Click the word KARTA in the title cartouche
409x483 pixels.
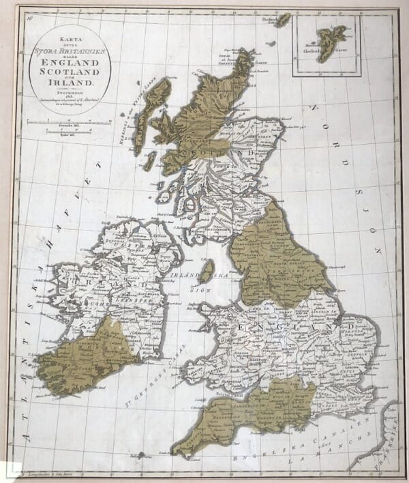pos(70,40)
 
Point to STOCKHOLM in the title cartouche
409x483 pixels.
pos(70,97)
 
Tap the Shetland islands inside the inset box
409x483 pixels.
pos(331,42)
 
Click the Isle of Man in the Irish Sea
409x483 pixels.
pos(207,271)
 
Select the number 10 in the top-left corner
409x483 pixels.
pos(29,18)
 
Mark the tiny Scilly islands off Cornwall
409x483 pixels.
pos(140,454)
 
